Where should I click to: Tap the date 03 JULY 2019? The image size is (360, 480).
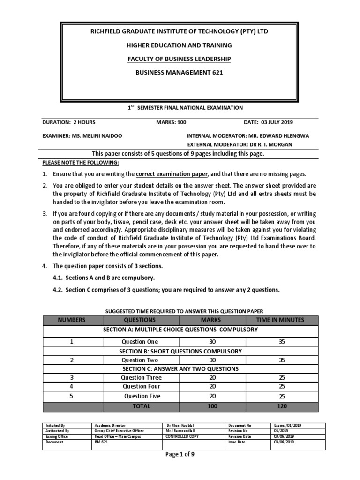(x=268, y=122)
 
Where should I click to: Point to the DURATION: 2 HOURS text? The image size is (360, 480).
(x=69, y=122)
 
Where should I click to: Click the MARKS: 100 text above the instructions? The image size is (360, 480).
(x=172, y=122)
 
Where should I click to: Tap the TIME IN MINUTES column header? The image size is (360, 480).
(x=280, y=320)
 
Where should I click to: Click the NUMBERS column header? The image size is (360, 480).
(x=72, y=320)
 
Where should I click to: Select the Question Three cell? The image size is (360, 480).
(x=141, y=378)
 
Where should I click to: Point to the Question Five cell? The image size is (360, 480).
(x=142, y=396)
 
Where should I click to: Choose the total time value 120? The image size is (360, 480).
(x=282, y=406)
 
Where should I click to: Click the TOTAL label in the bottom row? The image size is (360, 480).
(x=141, y=406)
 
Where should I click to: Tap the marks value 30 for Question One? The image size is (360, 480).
(x=212, y=342)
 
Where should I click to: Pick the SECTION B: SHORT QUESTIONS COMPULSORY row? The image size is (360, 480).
(x=180, y=351)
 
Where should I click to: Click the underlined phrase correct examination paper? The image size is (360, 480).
(x=172, y=174)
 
